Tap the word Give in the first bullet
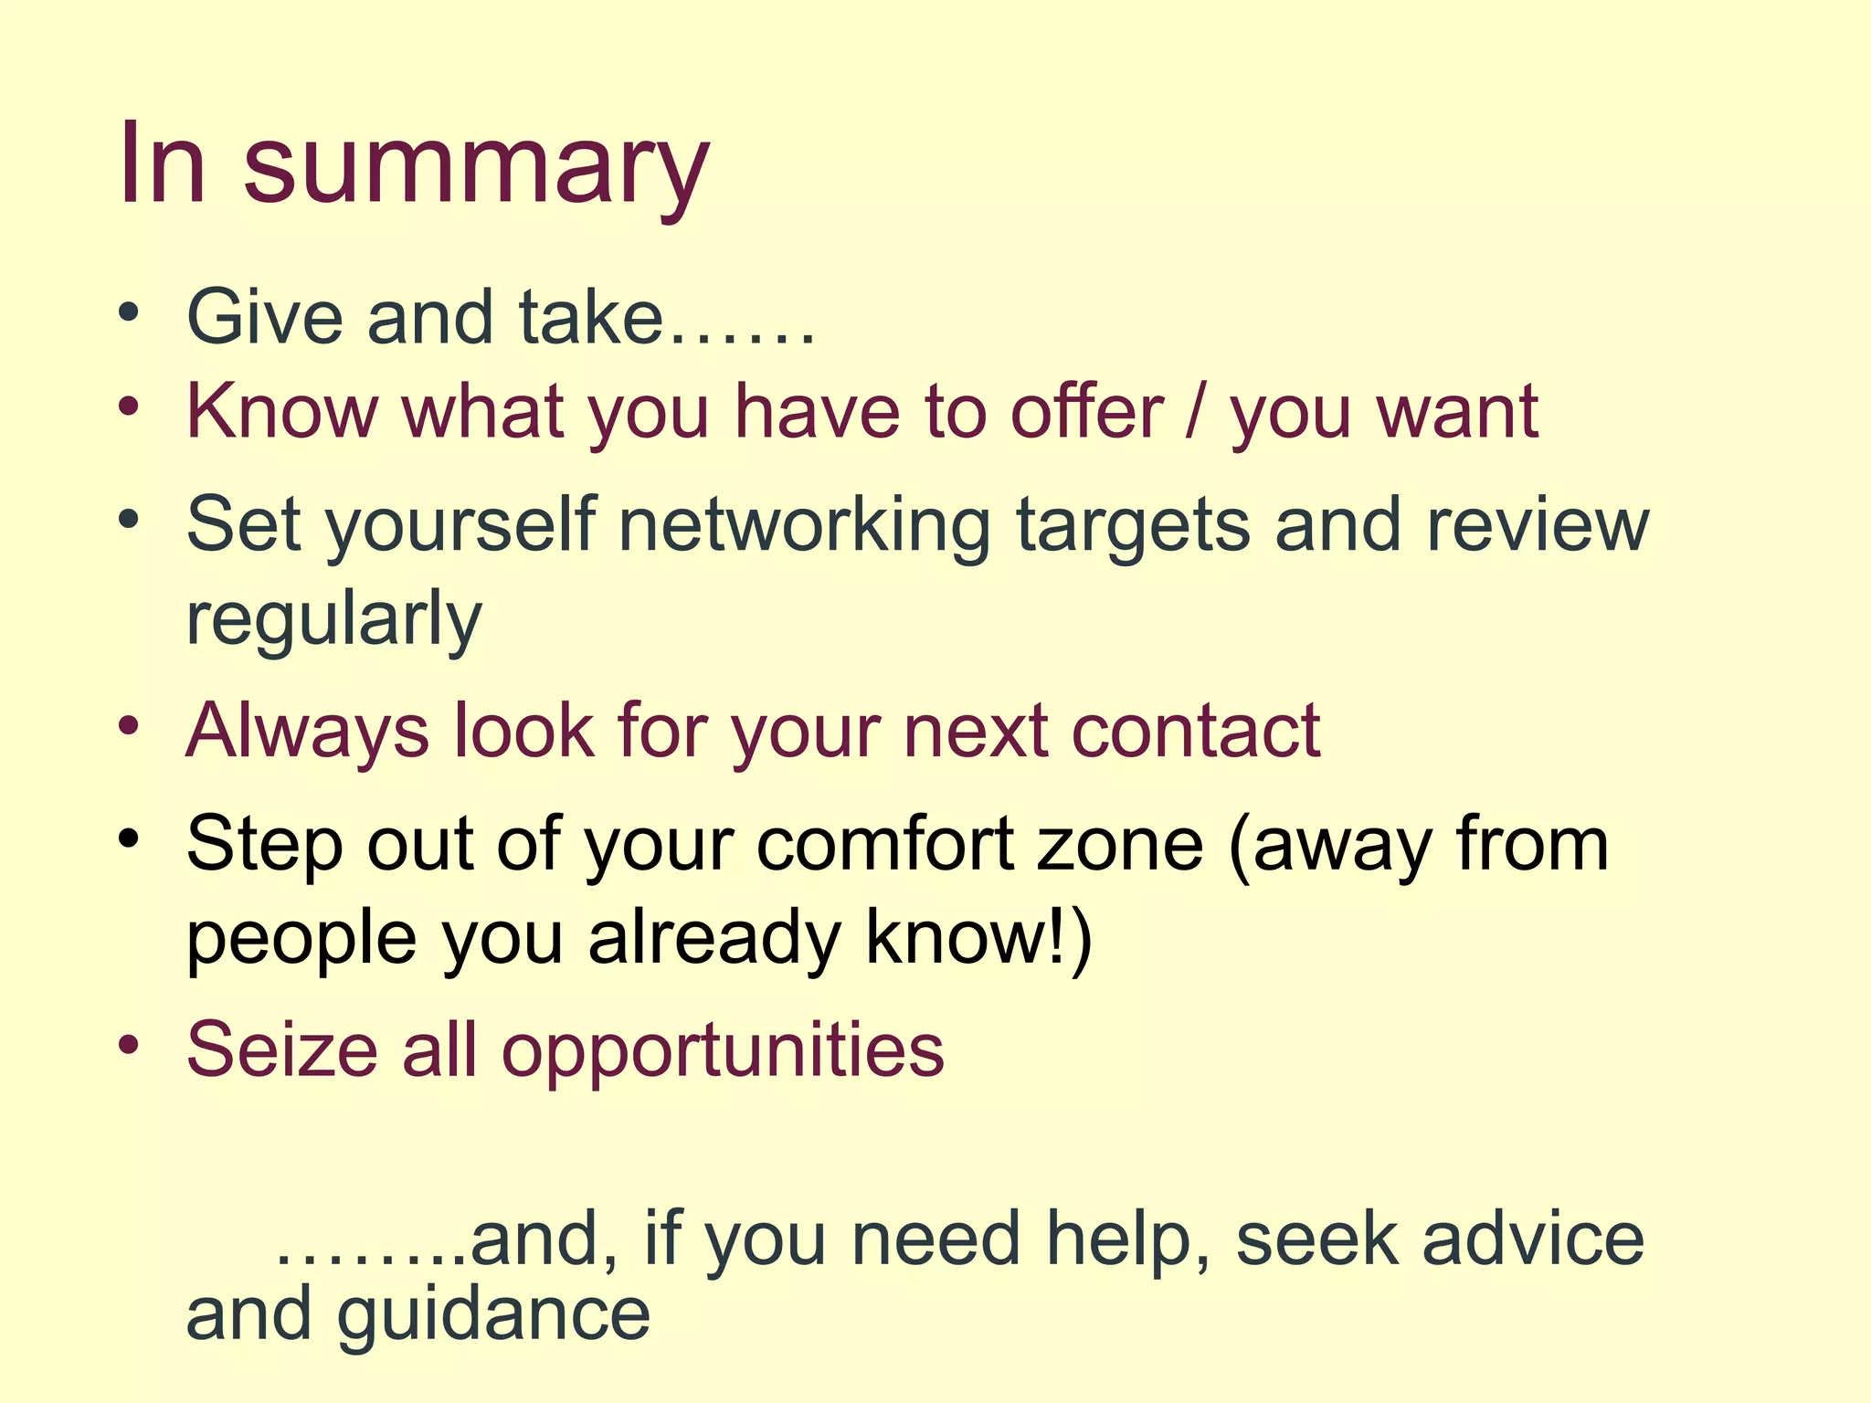click(x=264, y=317)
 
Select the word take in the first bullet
click(x=590, y=317)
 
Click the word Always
click(x=307, y=731)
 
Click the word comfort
click(x=885, y=844)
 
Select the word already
click(x=714, y=939)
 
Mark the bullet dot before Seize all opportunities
click(x=129, y=1042)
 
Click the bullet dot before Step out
click(x=129, y=837)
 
